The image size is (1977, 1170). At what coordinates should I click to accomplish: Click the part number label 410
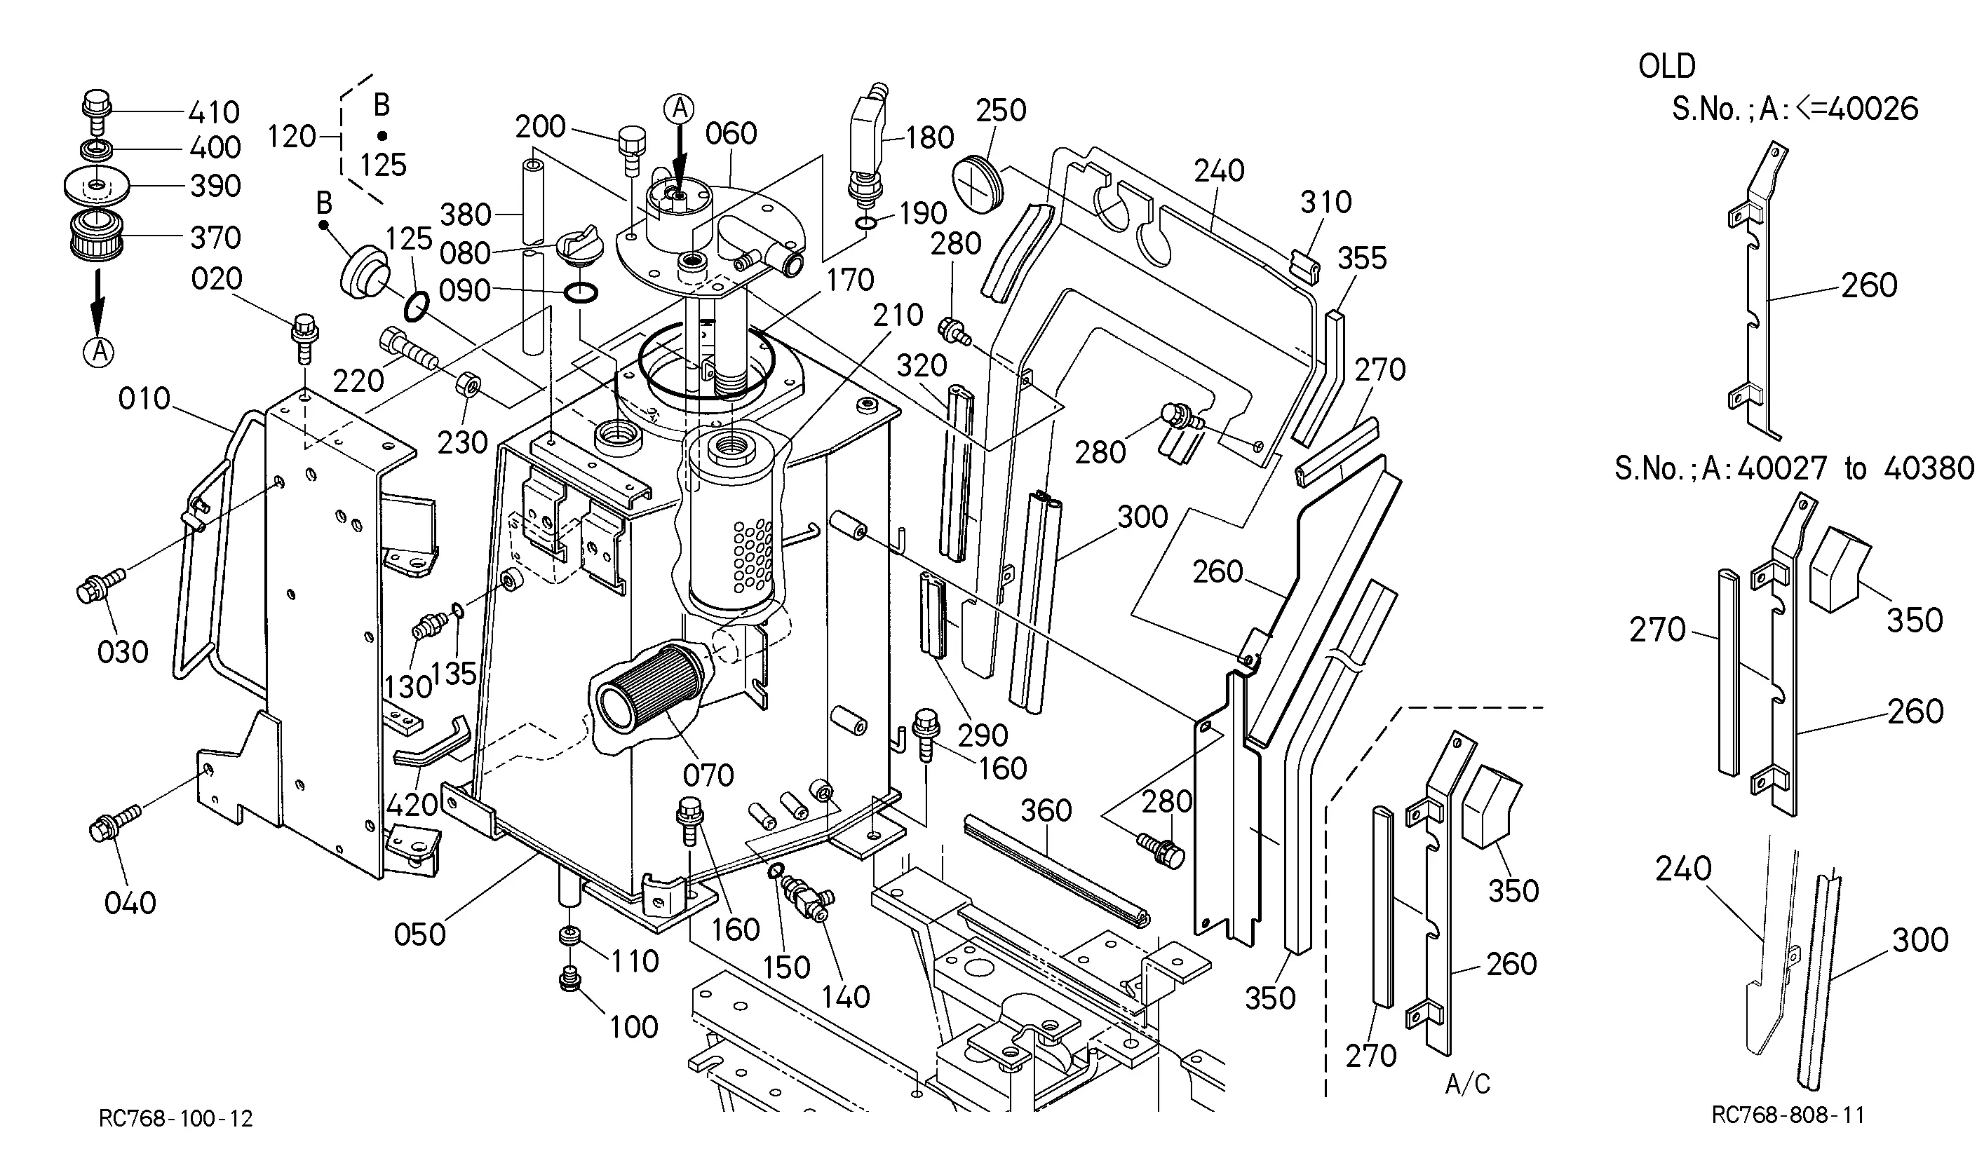[x=214, y=112]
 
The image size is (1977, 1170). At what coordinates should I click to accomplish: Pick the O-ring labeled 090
[x=581, y=293]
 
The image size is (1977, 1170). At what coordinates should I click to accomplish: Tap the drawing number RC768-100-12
[x=176, y=1119]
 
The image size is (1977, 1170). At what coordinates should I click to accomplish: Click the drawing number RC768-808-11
[x=1788, y=1115]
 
